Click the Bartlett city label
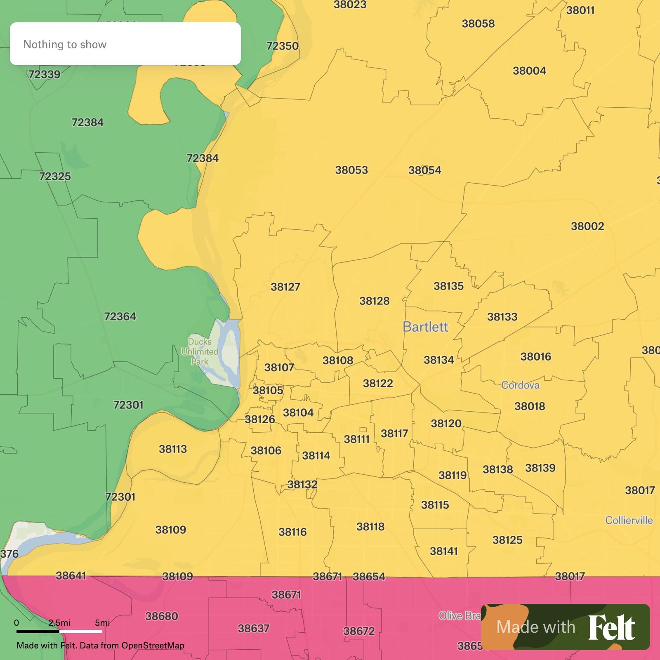[425, 327]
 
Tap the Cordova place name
[520, 385]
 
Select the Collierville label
[629, 520]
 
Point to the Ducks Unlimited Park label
[200, 351]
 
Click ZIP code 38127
[285, 287]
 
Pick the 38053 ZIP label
[351, 170]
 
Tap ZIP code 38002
[587, 226]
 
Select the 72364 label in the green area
[120, 316]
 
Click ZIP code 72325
[55, 176]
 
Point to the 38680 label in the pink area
[162, 616]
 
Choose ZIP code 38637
[254, 628]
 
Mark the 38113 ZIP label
[173, 449]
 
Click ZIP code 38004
[529, 71]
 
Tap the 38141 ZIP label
[444, 551]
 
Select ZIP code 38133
[502, 317]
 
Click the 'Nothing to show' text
[65, 44]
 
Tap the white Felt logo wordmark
[611, 627]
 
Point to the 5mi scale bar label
[102, 622]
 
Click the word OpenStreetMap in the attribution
[153, 646]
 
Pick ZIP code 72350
[282, 46]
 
